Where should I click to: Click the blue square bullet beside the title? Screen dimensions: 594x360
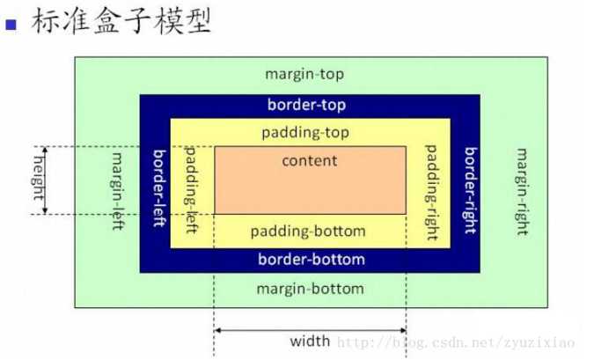pos(11,25)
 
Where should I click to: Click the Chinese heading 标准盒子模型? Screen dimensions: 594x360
pos(121,21)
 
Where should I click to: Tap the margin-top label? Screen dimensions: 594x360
pos(304,74)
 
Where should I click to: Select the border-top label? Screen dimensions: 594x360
pos(306,105)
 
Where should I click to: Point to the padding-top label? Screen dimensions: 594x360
pos(305,133)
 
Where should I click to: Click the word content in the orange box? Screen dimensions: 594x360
pos(310,161)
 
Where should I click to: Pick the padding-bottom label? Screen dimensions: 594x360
pos(308,231)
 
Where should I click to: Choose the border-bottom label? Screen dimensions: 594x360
pos(312,260)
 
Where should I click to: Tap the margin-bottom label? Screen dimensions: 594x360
pos(311,289)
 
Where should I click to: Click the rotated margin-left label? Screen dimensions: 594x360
pos(117,191)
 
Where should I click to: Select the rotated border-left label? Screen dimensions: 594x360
pos(159,188)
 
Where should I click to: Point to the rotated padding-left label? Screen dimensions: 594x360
pos(191,190)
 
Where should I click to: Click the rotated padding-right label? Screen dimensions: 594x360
pos(431,193)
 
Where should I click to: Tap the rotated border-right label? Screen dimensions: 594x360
pos(471,191)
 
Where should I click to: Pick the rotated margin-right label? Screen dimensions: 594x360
pos(523,192)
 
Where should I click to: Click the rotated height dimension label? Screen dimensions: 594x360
pos(38,177)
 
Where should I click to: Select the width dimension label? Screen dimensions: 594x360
pos(310,341)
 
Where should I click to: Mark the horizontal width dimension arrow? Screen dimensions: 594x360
pos(311,330)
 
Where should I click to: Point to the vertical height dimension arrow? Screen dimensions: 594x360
pos(45,180)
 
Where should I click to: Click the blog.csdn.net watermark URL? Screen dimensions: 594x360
pos(456,343)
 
